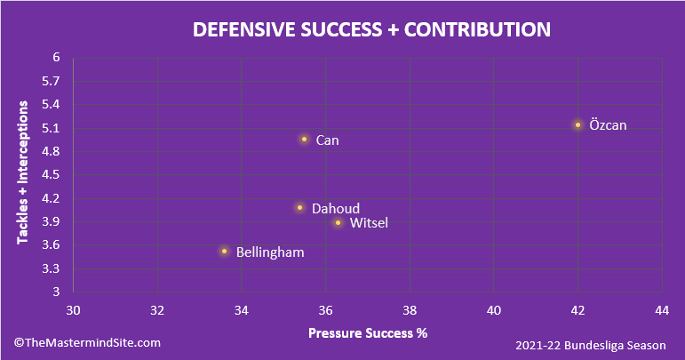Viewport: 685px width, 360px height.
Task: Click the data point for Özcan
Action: tap(577, 125)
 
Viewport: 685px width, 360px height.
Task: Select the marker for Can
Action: tap(304, 140)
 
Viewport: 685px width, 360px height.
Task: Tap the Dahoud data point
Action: tap(299, 208)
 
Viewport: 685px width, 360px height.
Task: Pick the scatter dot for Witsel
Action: tap(338, 222)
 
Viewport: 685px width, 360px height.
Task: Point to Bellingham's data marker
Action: tap(224, 252)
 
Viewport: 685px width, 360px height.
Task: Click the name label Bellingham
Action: tap(270, 252)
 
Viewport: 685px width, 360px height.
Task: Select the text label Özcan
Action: tap(608, 125)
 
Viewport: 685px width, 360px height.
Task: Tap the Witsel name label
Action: tap(369, 222)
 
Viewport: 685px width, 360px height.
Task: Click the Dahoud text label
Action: tap(336, 208)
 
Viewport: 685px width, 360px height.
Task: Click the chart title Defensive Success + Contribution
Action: tap(371, 29)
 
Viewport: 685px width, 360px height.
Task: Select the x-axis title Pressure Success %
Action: tap(368, 334)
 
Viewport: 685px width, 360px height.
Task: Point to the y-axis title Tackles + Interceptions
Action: tap(25, 172)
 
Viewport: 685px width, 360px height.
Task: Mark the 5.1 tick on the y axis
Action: tap(51, 128)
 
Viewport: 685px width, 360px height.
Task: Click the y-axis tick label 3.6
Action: tap(51, 245)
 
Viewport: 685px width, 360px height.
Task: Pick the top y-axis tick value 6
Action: tap(56, 58)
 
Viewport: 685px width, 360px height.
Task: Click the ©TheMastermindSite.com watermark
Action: tap(87, 342)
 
